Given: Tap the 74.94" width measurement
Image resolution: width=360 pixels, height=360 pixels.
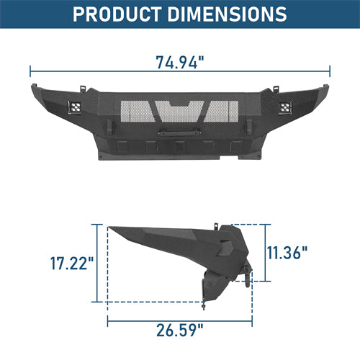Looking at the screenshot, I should [x=180, y=62].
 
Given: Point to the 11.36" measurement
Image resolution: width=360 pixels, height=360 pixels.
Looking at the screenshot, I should [x=288, y=252].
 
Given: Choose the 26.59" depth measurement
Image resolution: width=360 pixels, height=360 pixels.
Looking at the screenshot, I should [x=180, y=333].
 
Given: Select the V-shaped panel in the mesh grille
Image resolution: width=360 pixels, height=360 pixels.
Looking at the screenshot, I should [x=180, y=110].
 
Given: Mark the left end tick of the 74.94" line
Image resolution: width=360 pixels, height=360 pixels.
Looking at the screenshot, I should [x=30, y=71].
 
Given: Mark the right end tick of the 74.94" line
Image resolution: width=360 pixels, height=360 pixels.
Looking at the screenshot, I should [x=330, y=71].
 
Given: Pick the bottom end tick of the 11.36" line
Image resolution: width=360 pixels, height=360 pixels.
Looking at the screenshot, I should [x=267, y=280].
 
